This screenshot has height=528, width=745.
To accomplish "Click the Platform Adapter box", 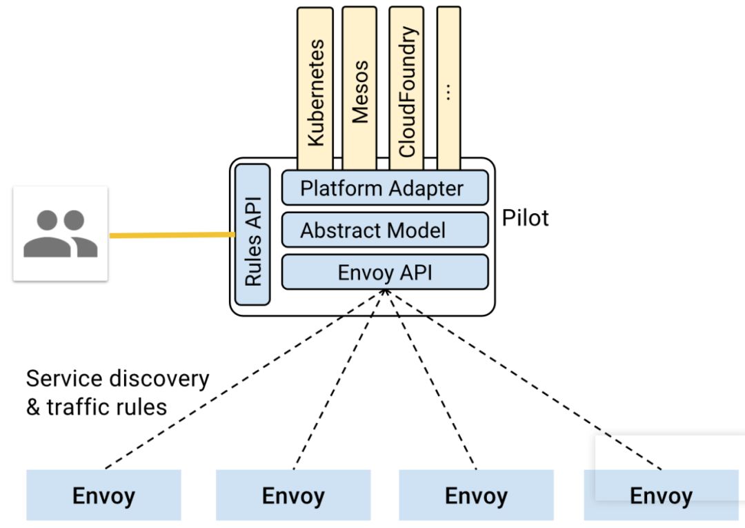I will [384, 188].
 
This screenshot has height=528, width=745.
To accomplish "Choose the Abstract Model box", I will [384, 230].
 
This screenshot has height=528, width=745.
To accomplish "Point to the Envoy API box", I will [384, 272].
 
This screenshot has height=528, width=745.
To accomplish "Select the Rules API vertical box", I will [252, 235].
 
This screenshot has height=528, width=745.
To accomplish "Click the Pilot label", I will [526, 218].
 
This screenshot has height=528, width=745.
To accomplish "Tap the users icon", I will [61, 233].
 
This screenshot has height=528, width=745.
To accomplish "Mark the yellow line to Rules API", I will [172, 235].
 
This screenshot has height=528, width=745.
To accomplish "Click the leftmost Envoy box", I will [103, 495].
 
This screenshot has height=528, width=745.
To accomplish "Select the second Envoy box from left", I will [293, 495].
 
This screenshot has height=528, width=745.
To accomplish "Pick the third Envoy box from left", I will [476, 495].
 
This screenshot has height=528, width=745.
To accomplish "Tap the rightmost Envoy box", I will [661, 495].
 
